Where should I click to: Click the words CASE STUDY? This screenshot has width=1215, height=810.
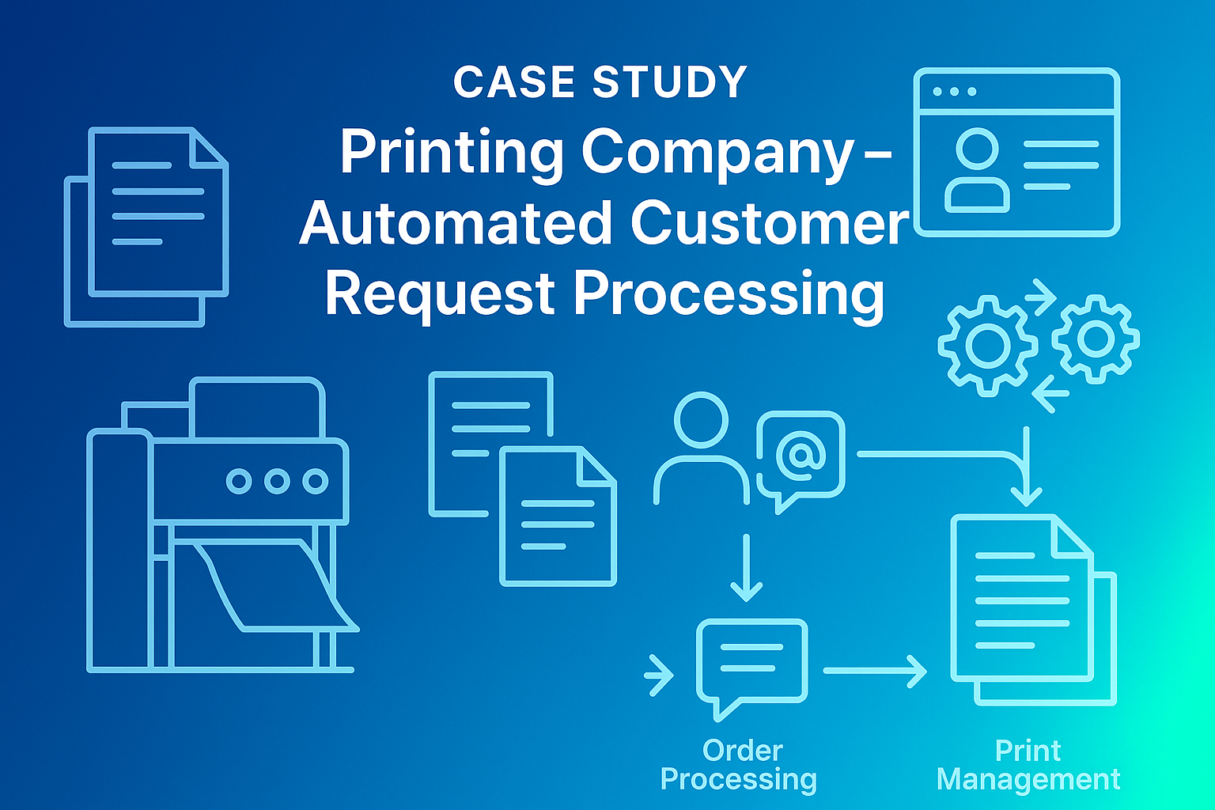(600, 81)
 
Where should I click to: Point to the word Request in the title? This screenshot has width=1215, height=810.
(440, 293)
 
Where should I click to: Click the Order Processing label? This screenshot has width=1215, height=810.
(740, 765)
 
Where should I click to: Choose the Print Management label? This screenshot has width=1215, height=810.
(1028, 765)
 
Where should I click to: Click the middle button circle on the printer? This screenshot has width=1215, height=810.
(277, 481)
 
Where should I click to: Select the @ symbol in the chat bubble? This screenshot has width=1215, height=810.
(801, 454)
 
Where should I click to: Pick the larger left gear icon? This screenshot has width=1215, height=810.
(987, 345)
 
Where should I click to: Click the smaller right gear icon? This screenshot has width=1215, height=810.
(1096, 339)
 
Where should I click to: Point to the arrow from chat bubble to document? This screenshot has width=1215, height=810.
(874, 671)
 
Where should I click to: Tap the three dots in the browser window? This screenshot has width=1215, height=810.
(955, 92)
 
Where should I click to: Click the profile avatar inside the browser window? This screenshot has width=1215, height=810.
(977, 170)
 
